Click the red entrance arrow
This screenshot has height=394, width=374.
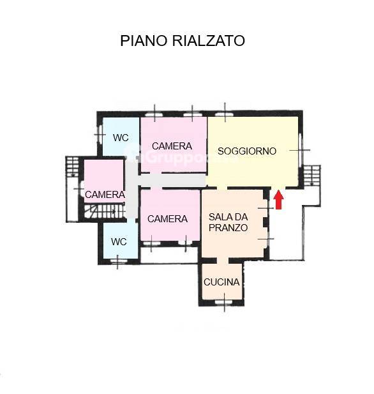(x=278, y=201)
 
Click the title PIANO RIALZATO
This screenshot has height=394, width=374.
(x=183, y=41)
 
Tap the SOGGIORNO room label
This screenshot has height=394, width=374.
(x=247, y=151)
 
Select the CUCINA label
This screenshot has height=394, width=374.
(x=221, y=282)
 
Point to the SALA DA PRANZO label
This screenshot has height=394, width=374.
(x=228, y=222)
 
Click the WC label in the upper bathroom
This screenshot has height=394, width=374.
(x=121, y=138)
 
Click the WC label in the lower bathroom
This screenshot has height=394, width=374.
(x=119, y=242)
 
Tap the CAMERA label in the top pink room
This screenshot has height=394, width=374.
(x=172, y=146)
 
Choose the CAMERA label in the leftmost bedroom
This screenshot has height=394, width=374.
(x=105, y=194)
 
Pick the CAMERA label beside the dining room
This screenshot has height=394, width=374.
(x=167, y=218)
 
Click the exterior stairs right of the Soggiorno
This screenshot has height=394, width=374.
(x=311, y=176)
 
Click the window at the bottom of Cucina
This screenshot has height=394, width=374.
(x=224, y=301)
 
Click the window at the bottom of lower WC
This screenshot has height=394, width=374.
(x=118, y=260)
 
